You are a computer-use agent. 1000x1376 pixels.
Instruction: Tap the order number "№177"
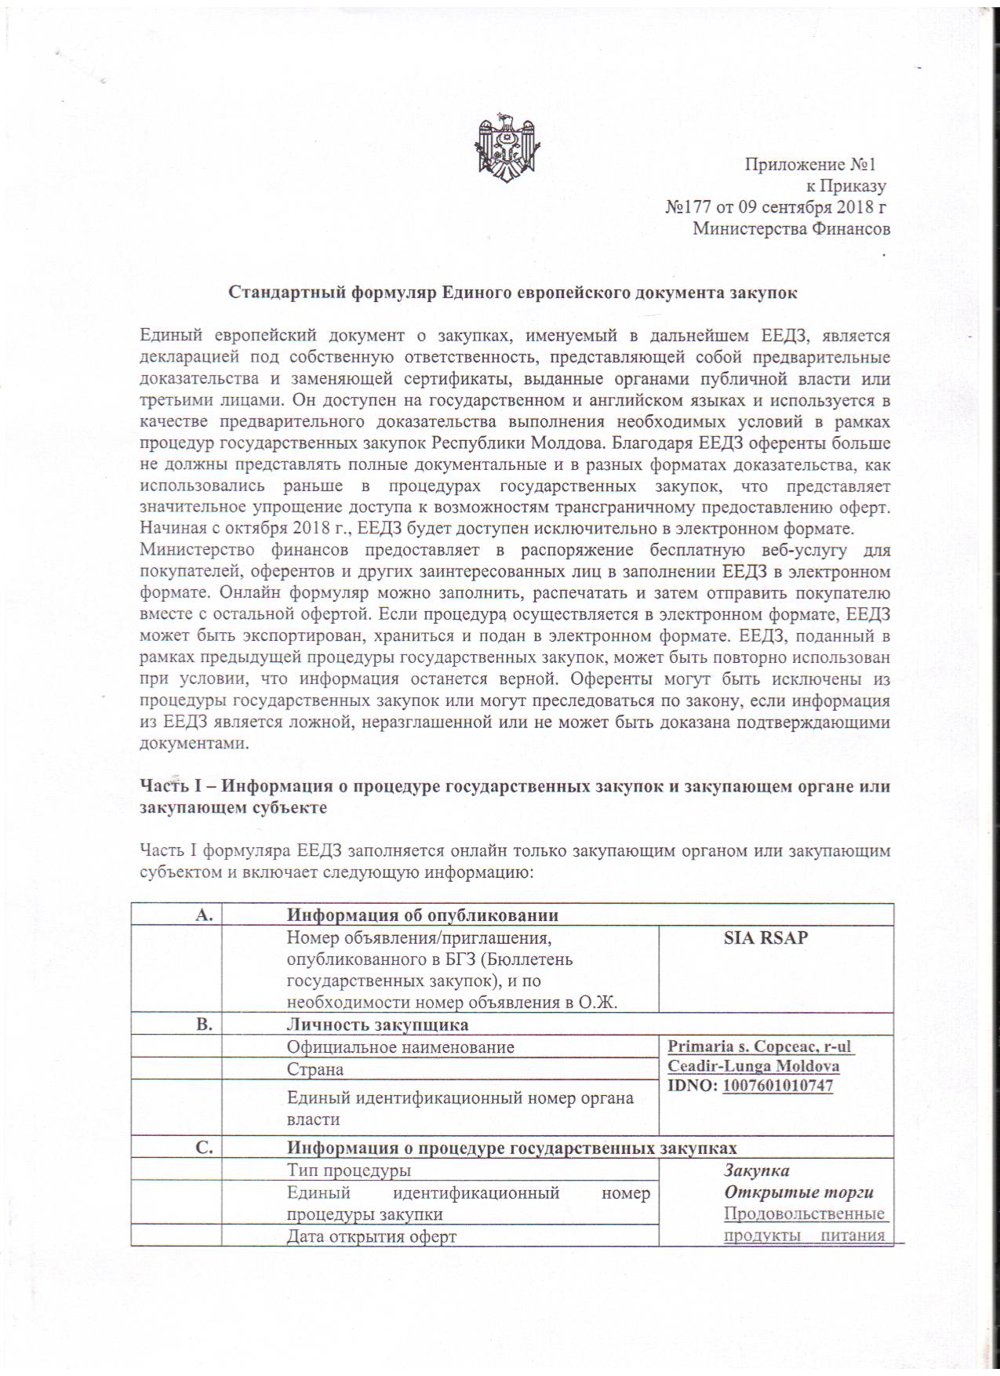click(x=682, y=208)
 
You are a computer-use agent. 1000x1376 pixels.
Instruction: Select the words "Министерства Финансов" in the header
click(x=791, y=229)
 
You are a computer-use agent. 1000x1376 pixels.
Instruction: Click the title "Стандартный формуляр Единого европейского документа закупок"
click(x=513, y=293)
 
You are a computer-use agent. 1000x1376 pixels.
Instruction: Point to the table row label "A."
click(x=203, y=915)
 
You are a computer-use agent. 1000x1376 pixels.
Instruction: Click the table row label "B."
click(x=203, y=1025)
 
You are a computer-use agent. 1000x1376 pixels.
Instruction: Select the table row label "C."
click(x=203, y=1148)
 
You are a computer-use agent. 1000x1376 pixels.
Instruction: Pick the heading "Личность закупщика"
click(x=377, y=1025)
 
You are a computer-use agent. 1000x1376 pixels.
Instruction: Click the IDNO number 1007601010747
click(x=777, y=1086)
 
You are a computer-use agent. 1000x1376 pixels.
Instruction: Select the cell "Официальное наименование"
click(x=400, y=1047)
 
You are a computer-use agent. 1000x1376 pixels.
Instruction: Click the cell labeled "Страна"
click(x=315, y=1069)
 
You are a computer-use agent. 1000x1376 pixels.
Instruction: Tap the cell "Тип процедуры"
click(x=349, y=1170)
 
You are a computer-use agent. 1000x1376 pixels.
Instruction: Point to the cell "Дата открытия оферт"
click(x=371, y=1237)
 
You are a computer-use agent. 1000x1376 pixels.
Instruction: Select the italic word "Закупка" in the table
click(x=756, y=1170)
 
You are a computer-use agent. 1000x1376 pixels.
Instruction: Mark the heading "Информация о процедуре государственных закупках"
click(x=511, y=1148)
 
